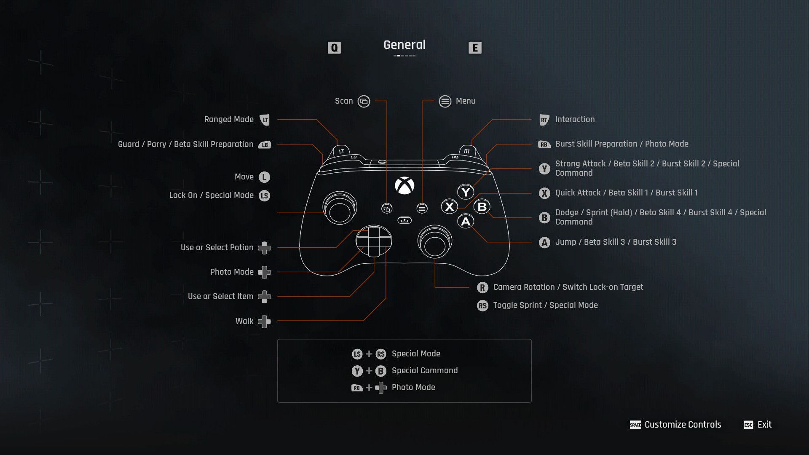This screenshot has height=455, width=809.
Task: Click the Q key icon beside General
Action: [x=334, y=48]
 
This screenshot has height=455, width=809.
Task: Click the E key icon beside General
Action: [x=475, y=48]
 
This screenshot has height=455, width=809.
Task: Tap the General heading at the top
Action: [x=404, y=45]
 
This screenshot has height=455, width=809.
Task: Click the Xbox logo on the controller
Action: [x=404, y=185]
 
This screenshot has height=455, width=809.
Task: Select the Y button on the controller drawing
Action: [x=466, y=192]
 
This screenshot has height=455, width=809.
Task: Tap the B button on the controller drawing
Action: [x=482, y=207]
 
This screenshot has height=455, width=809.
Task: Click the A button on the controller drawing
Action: [x=466, y=222]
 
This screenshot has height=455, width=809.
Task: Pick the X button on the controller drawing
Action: [x=450, y=207]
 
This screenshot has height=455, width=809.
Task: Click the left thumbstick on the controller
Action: [x=340, y=209]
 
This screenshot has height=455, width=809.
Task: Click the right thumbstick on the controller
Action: [x=435, y=242]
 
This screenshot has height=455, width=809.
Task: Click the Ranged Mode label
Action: [x=229, y=120]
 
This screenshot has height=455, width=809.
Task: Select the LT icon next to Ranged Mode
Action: [x=265, y=120]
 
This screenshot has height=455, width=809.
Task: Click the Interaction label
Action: [x=575, y=120]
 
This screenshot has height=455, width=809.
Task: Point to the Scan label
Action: [x=344, y=101]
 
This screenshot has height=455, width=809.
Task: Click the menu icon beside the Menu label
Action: [x=445, y=102]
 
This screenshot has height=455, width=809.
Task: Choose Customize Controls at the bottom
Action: [x=683, y=425]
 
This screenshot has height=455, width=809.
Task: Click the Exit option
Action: [x=764, y=425]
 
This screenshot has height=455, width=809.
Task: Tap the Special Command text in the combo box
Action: [x=424, y=371]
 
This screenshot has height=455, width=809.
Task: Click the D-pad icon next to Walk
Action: [x=264, y=321]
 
